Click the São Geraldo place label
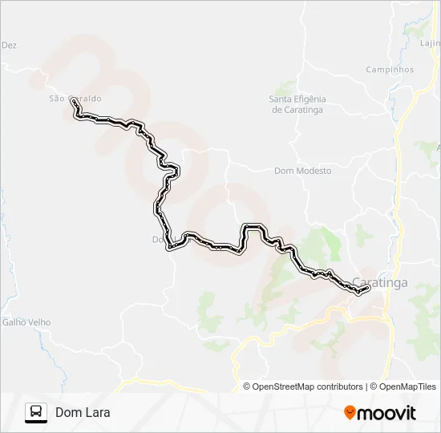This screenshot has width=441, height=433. [75, 98]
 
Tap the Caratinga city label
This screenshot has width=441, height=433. [379, 282]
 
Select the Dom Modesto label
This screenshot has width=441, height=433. [302, 171]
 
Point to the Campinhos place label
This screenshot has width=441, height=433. [390, 70]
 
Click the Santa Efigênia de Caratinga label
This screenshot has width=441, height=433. [297, 104]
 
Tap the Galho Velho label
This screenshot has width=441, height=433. [26, 322]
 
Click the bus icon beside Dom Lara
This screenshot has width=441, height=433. [36, 412]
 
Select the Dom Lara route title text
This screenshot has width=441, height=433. [83, 413]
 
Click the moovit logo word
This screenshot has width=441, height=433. [387, 413]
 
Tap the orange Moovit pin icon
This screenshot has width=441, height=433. [350, 412]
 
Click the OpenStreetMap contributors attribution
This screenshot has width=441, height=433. [308, 386]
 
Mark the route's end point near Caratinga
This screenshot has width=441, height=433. [366, 289]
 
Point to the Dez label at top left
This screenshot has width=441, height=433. [9, 46]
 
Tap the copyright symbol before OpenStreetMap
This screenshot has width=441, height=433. [247, 386]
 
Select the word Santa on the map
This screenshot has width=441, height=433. [281, 99]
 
